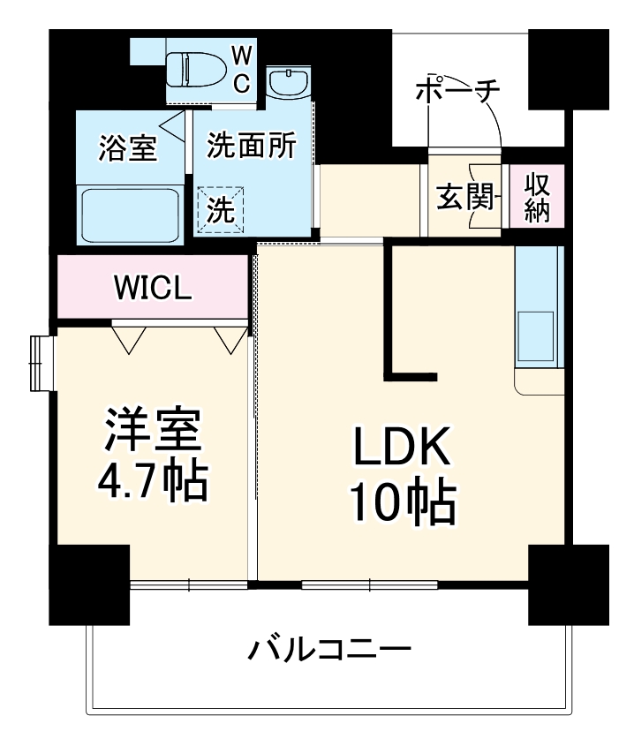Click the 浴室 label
[128, 148]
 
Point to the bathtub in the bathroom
[131, 215]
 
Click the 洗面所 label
[252, 146]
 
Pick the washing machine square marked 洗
[220, 209]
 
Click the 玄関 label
[464, 198]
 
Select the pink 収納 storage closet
[536, 197]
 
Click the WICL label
[153, 289]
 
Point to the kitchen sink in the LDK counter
[537, 336]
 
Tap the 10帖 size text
[404, 502]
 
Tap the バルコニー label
[329, 652]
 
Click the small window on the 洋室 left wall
[38, 362]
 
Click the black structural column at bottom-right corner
[568, 584]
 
